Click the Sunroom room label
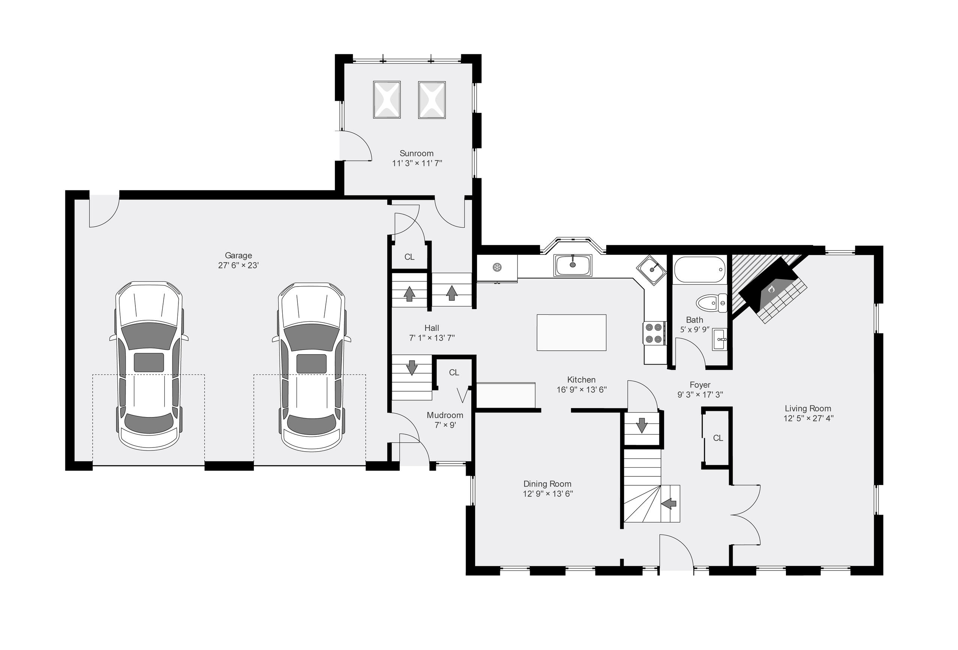(416, 153)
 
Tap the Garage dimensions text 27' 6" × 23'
(238, 265)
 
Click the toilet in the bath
(712, 303)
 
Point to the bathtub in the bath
(700, 269)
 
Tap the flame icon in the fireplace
(771, 289)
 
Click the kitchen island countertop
(571, 332)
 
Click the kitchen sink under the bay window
(573, 265)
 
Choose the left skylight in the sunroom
(387, 100)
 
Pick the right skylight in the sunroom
(432, 100)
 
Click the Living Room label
(808, 408)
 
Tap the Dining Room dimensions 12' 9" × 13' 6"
(548, 494)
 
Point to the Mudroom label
(445, 415)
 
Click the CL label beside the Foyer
(718, 438)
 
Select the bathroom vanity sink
(720, 339)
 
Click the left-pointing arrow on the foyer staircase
(669, 504)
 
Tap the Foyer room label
(700, 385)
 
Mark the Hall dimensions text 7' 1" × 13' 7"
(432, 338)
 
